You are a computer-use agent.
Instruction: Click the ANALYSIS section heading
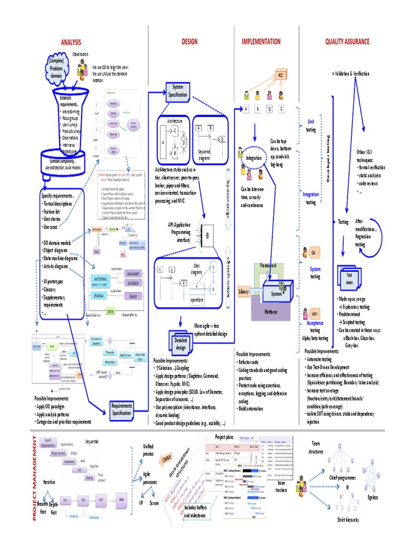(71, 42)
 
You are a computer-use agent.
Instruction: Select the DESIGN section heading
(190, 42)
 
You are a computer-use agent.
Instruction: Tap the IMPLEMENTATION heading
(261, 42)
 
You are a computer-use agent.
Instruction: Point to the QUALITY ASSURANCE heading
(347, 42)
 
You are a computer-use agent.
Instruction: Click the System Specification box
(178, 91)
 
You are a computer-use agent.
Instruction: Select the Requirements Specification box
(122, 409)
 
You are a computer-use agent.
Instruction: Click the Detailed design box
(180, 344)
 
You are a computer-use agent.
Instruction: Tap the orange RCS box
(281, 75)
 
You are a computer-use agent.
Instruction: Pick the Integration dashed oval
(254, 158)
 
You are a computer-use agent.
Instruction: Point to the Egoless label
(372, 497)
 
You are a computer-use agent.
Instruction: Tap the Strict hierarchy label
(348, 520)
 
